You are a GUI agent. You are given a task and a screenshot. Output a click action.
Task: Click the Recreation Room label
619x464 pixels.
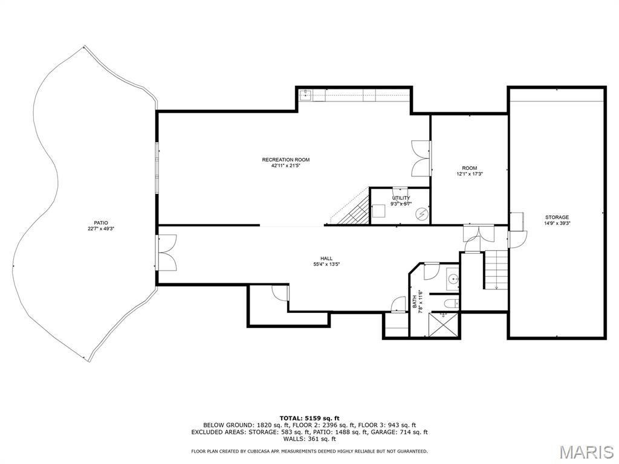(285, 159)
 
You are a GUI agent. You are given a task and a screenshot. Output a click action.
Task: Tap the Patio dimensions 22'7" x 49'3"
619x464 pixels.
(101, 228)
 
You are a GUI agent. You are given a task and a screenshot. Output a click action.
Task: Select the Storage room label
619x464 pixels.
(557, 217)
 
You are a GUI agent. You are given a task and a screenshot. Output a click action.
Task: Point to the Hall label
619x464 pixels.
(326, 259)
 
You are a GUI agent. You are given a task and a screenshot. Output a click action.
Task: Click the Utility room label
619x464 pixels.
(401, 198)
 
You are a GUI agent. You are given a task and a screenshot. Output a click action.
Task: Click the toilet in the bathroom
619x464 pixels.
(452, 303)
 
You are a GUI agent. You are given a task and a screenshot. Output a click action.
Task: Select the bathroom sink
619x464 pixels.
(453, 279)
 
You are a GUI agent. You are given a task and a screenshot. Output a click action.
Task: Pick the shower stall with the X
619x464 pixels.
(444, 324)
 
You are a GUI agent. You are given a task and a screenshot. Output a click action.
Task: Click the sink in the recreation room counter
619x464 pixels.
(305, 95)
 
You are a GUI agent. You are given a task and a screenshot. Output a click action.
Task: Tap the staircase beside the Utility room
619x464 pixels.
(350, 207)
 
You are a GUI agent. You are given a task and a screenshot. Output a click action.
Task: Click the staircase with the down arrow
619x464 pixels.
(496, 269)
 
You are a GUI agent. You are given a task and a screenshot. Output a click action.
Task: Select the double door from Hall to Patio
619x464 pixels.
(166, 253)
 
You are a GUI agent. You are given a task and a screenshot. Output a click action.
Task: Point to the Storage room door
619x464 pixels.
(517, 239)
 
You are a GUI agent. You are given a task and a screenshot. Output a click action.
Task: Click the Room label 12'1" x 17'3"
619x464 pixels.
(469, 170)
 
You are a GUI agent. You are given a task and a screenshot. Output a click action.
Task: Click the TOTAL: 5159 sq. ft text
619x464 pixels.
(309, 418)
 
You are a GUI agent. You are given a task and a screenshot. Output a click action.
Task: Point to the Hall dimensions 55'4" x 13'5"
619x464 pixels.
(326, 265)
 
